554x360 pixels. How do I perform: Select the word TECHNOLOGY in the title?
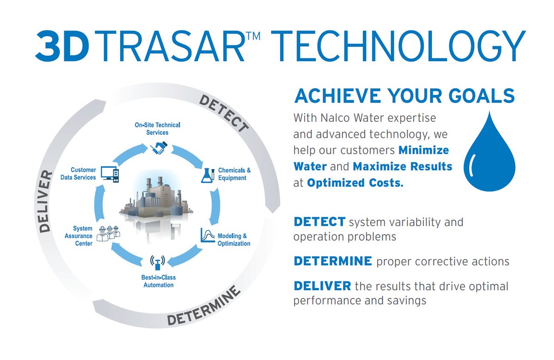[x=399, y=46]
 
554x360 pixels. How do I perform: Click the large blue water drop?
[x=489, y=153]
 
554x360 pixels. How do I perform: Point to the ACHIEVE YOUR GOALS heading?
[x=404, y=96]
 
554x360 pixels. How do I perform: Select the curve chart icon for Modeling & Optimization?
[x=208, y=235]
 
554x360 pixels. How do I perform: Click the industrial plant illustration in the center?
[x=156, y=198]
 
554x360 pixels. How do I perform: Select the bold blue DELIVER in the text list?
[x=322, y=286]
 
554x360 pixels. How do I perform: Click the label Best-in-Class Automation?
[x=158, y=281]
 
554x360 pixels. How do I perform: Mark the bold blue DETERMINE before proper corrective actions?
[x=332, y=261]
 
